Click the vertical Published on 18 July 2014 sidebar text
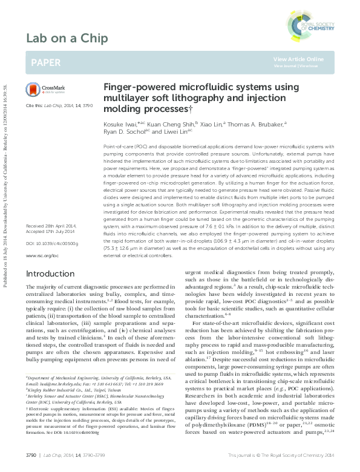pyautogui.click(x=6, y=151)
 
